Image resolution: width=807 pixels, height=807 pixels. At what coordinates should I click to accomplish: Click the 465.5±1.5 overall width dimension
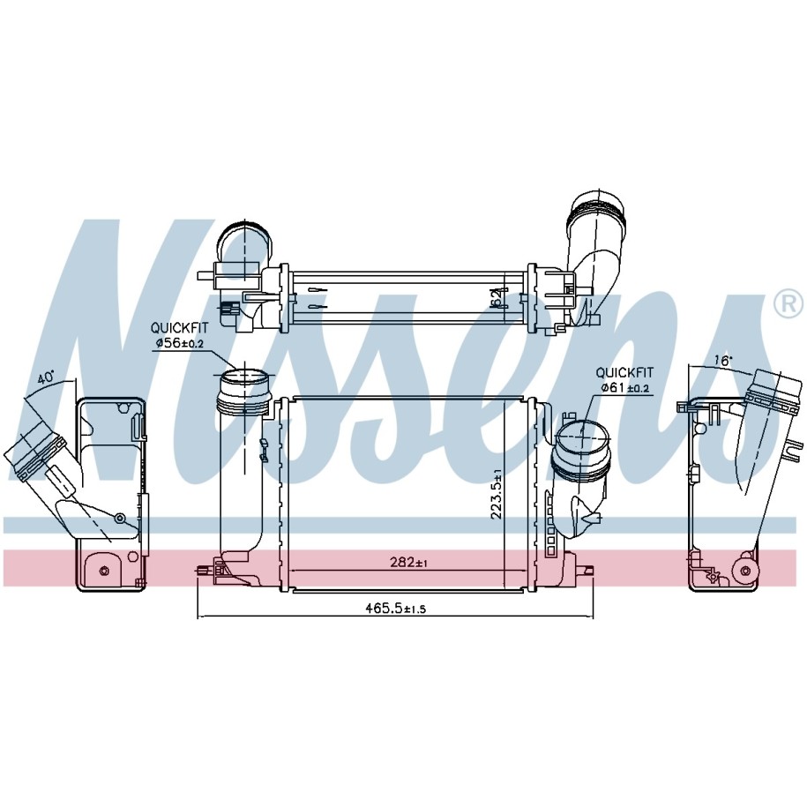click(x=396, y=609)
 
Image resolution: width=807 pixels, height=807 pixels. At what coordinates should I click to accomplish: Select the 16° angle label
click(x=722, y=361)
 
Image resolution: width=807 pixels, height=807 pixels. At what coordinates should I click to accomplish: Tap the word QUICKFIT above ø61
click(x=624, y=372)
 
